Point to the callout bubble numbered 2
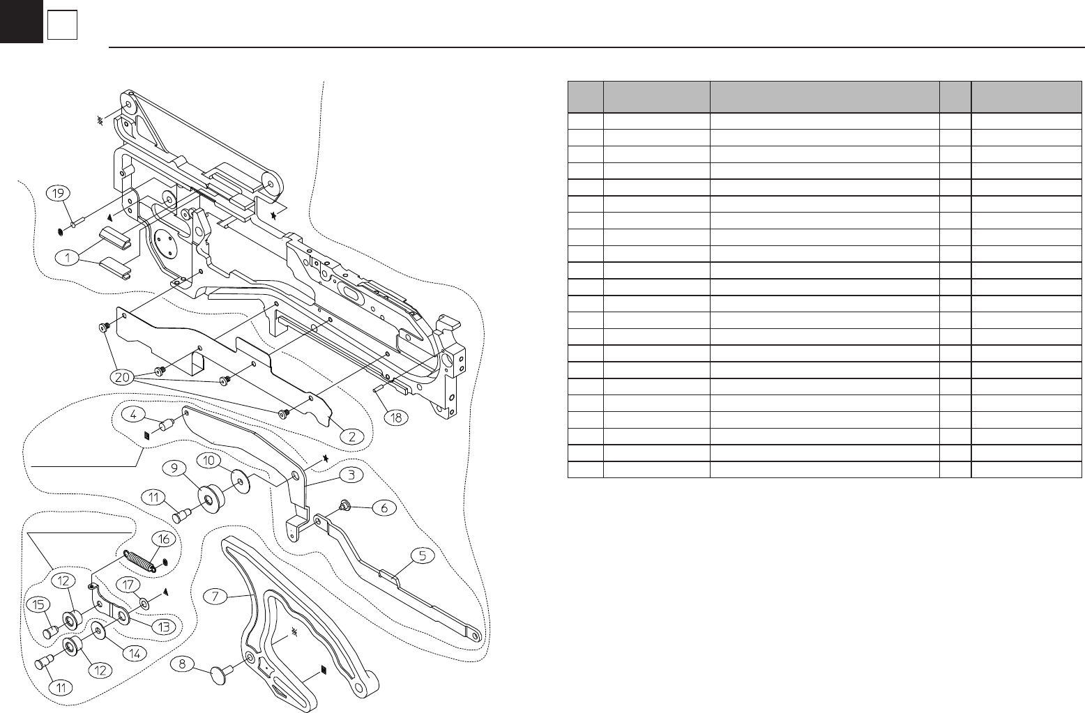click(x=353, y=436)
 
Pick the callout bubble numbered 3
click(x=351, y=475)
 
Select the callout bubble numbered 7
click(x=217, y=596)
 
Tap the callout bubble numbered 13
click(x=164, y=627)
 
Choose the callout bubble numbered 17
click(x=126, y=585)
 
